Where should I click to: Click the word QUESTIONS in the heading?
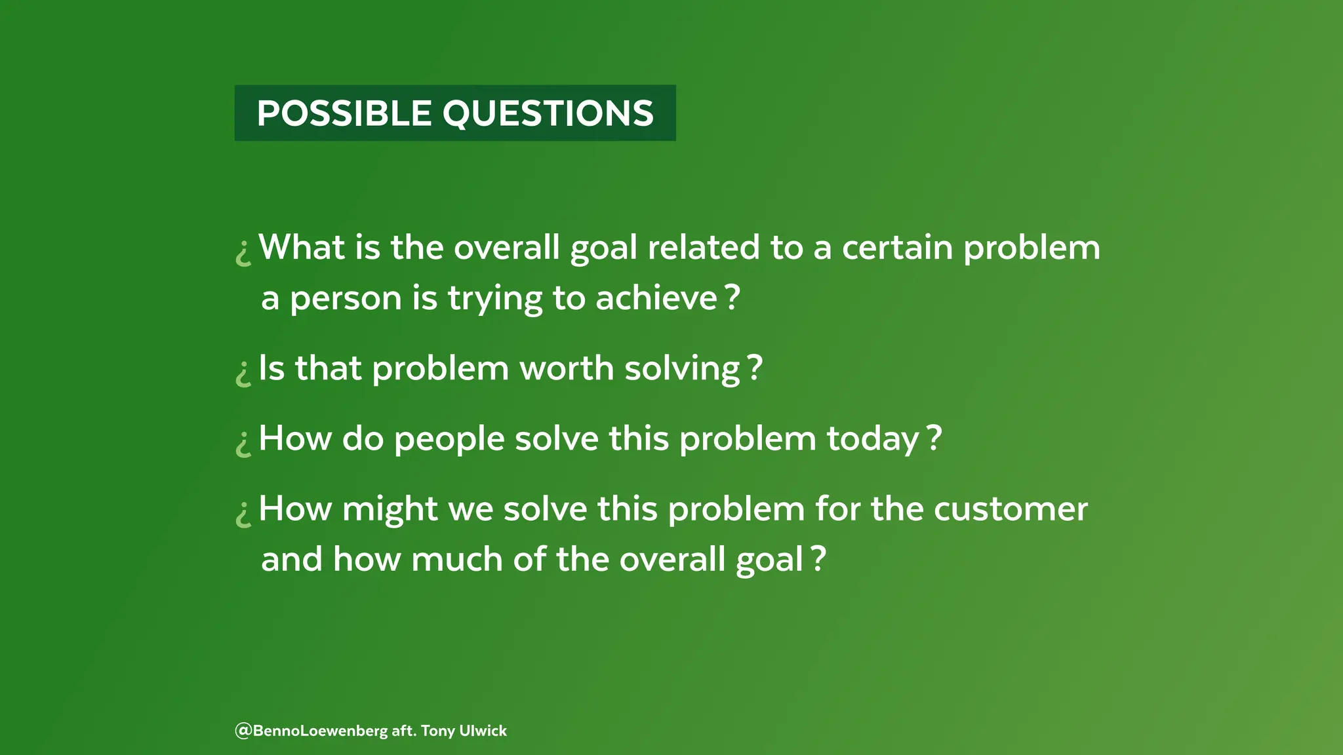[548, 113]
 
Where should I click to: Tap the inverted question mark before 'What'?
[243, 252]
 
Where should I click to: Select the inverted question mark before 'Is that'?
[243, 373]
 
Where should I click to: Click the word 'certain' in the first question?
[897, 248]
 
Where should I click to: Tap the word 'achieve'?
[656, 298]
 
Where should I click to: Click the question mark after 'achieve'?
[733, 297]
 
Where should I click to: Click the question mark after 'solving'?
[755, 367]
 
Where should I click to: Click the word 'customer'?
[1011, 509]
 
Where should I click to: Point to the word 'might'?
[390, 509]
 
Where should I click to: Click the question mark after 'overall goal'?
[818, 558]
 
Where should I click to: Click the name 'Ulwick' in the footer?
[483, 731]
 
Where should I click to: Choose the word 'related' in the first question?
[703, 248]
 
